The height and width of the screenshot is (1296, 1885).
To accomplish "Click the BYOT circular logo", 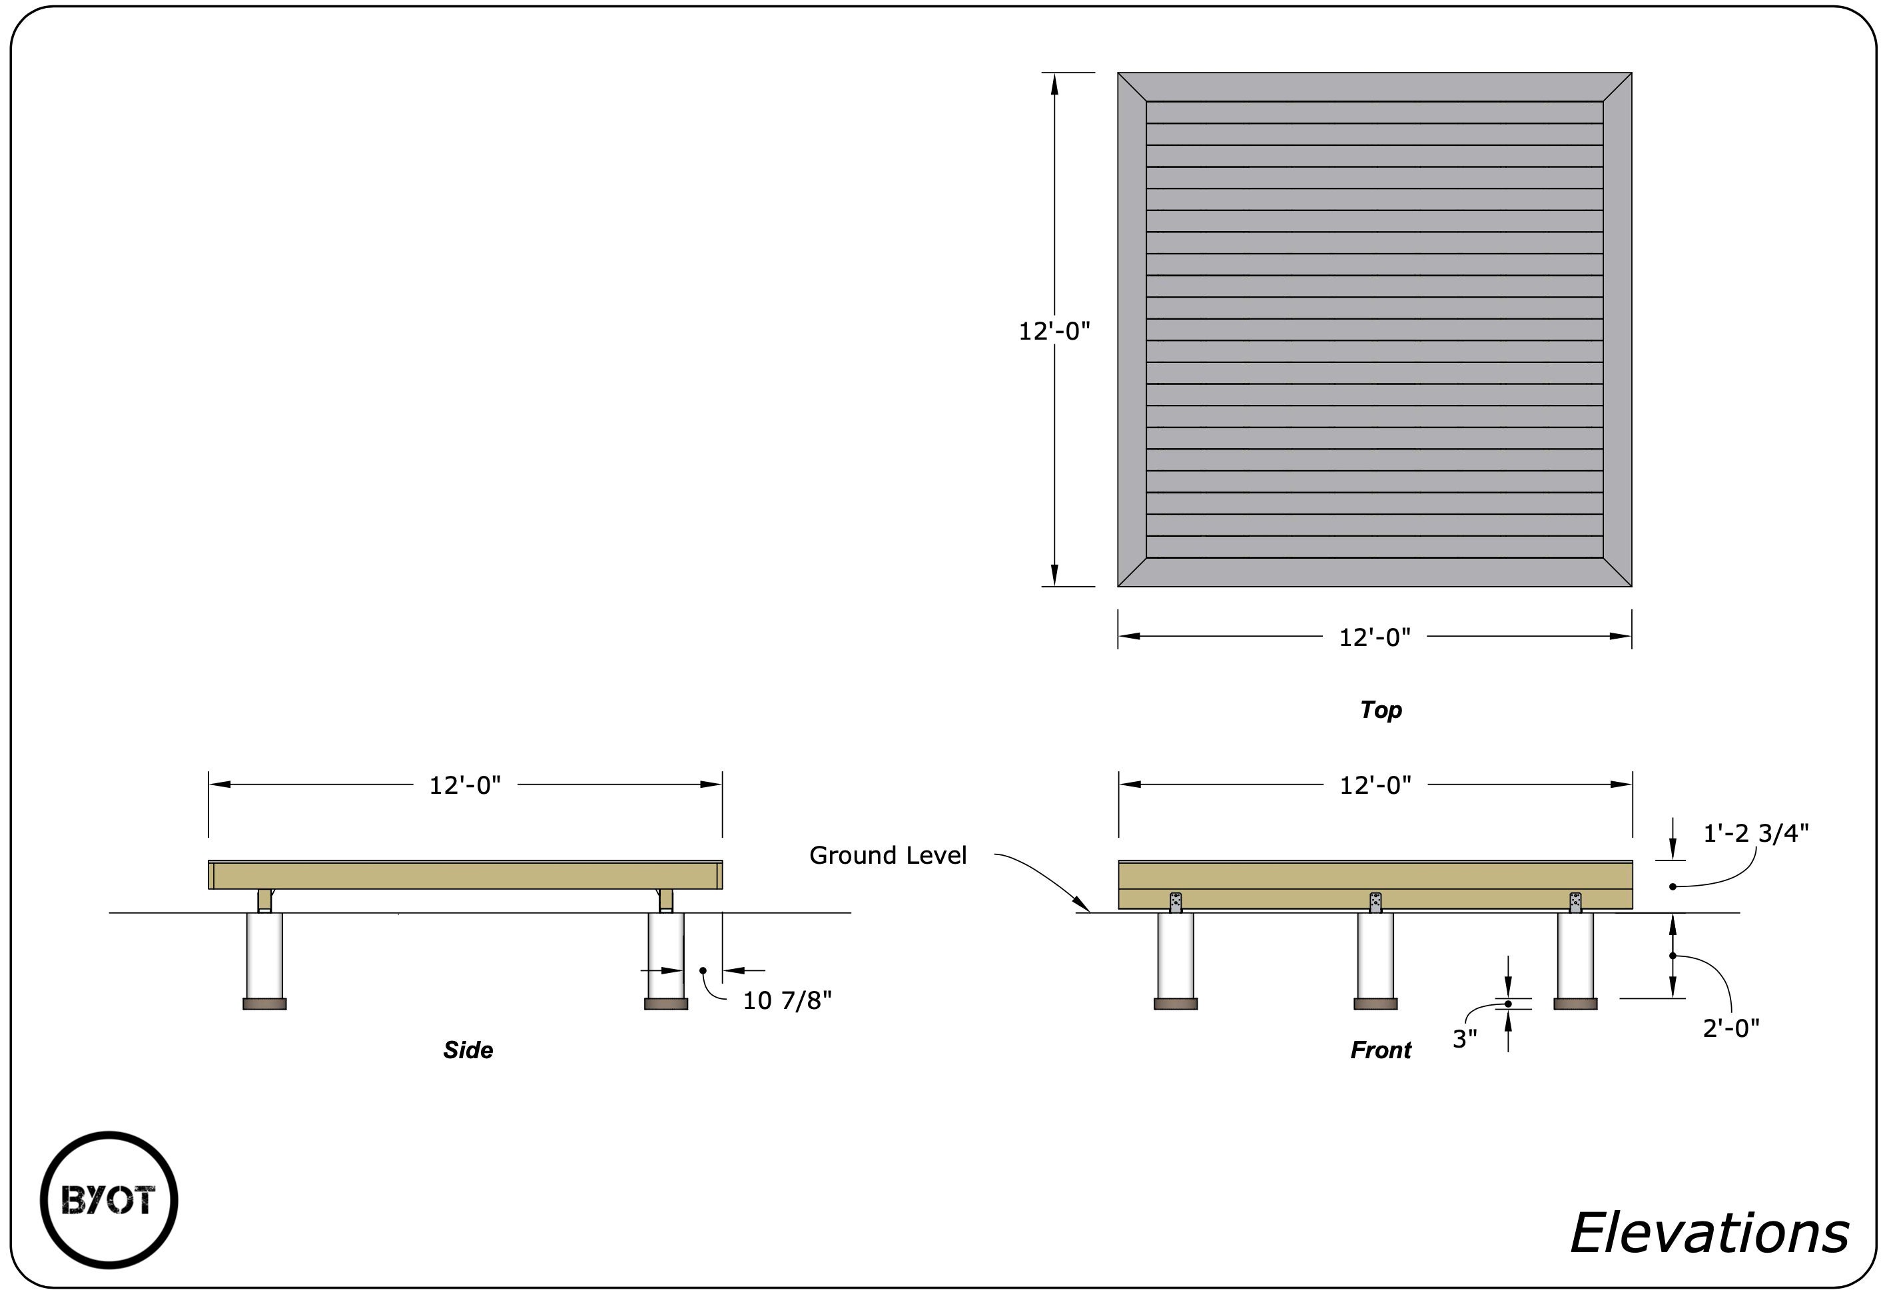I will point(109,1200).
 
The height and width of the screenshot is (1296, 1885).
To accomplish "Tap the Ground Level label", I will point(888,855).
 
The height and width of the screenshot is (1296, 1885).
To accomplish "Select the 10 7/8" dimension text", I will point(787,1000).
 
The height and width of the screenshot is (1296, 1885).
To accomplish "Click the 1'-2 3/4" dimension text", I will point(1755,833).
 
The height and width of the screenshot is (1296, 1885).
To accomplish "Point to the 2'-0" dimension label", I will point(1730,1028).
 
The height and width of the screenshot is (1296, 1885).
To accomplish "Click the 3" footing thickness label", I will point(1464,1038).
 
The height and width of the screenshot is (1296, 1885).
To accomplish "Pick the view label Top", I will point(1381,710).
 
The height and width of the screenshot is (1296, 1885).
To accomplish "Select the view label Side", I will point(468,1050).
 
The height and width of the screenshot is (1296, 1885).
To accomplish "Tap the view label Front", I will point(1381,1050).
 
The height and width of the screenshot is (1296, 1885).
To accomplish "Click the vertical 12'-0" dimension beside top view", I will point(1054,331).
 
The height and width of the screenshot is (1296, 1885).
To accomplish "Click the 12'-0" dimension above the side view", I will point(464,785).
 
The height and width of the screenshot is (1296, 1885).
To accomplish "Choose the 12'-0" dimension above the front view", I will point(1375,785).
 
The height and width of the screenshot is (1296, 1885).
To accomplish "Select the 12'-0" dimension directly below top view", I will point(1374,637).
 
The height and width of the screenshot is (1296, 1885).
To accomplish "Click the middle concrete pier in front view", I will point(1375,955).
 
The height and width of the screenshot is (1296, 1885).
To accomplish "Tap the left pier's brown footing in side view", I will point(264,1004).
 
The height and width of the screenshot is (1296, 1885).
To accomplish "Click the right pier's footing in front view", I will point(1575,1004).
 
